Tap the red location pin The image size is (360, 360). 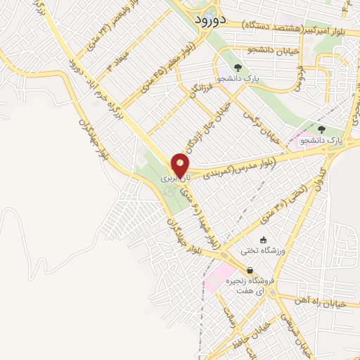coord(180,165)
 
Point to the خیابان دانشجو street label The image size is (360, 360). coord(250,50)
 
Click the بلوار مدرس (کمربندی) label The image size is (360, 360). coord(243,167)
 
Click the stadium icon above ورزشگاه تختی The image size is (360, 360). coord(264,240)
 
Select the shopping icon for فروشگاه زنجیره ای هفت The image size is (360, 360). coord(250,271)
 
